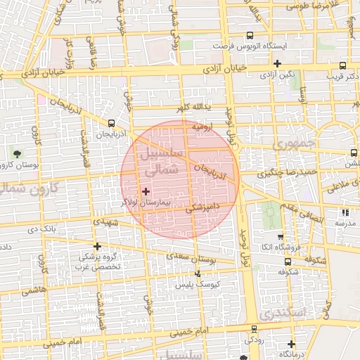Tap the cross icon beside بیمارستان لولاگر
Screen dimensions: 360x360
(146, 191)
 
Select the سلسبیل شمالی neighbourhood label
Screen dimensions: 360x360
(161, 161)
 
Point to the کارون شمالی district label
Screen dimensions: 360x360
(30, 187)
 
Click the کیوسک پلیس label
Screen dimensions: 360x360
(198, 283)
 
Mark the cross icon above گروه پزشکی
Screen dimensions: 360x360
(97, 246)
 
